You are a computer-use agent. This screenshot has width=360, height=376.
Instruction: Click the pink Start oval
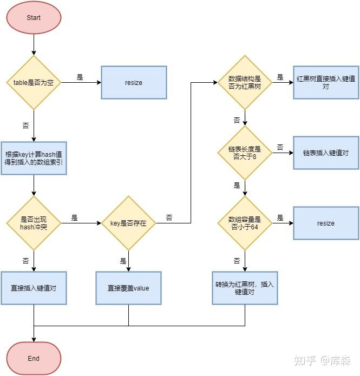pos(34,17)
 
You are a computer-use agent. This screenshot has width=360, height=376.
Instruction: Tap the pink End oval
pos(34,358)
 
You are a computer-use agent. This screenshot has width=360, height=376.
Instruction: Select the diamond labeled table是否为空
pos(34,82)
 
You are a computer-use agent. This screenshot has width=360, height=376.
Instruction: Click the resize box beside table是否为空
pos(134,82)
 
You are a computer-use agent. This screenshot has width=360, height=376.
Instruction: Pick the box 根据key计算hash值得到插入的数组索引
pos(34,159)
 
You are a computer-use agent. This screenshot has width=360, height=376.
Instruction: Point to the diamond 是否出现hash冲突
pos(34,223)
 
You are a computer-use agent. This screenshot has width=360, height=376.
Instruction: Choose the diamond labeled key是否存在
pos(128,223)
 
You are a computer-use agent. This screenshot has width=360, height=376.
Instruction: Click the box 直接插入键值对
pos(34,288)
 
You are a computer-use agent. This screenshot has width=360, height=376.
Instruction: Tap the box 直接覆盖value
pos(128,288)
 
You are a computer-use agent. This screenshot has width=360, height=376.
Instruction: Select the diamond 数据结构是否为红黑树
pos(245,82)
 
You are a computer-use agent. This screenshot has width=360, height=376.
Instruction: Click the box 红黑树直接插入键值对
pos(326,82)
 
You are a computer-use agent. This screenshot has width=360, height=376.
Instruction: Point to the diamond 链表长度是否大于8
pos(245,153)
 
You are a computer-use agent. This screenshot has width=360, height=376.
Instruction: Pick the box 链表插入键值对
pos(326,153)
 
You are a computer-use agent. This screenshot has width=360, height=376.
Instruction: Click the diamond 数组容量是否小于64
pos(245,223)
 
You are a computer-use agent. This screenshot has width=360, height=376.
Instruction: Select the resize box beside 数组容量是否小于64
pos(326,223)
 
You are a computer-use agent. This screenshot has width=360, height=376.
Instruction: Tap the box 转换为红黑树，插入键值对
pos(245,288)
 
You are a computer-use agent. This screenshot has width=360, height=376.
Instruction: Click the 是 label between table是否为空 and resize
pos(80,77)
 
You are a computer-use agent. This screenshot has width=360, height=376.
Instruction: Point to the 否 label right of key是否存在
pos(169,217)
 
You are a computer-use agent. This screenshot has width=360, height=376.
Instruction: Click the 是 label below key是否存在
pos(123,261)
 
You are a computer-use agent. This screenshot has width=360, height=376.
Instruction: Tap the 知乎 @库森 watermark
pos(322,360)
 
